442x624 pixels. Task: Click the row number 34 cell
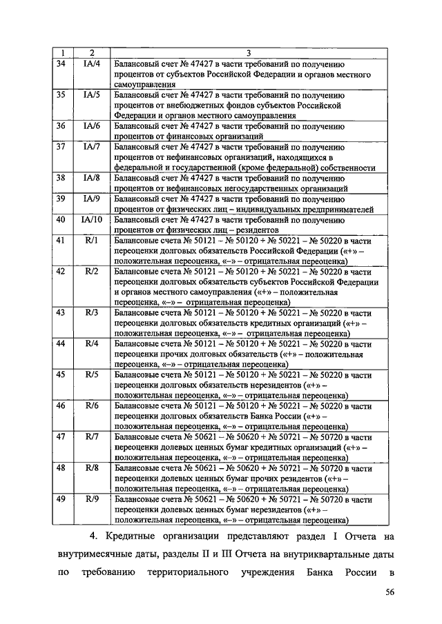coord(60,63)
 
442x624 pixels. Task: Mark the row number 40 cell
coord(60,219)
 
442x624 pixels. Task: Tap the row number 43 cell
coord(60,312)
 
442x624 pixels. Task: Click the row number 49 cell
coord(60,499)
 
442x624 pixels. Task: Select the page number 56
coord(390,592)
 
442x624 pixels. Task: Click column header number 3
coord(247,52)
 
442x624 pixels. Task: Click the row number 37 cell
coord(60,146)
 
